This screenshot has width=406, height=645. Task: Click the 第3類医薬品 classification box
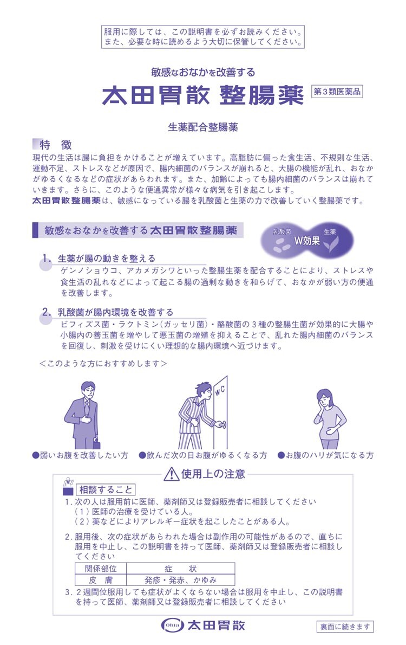coord(337,92)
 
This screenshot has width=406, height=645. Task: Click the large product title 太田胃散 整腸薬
coord(202,95)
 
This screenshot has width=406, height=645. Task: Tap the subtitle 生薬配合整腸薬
coord(203,127)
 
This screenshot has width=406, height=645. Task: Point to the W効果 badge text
coord(306,241)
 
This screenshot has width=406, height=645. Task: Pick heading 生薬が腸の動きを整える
coord(107,259)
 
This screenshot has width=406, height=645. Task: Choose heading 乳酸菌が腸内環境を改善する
coord(115,312)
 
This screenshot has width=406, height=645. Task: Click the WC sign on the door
coord(220,390)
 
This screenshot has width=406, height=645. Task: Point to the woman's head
coord(325,398)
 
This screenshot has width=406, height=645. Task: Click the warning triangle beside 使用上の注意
coord(171,474)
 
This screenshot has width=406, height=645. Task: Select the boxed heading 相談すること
coord(106,489)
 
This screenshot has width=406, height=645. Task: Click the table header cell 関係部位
coord(101,569)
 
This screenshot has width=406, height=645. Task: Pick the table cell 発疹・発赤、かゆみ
coord(180,580)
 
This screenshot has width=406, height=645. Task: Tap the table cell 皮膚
coord(101,580)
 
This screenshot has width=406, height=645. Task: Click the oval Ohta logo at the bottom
coord(173,625)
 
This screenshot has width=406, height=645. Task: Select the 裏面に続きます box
coord(345,627)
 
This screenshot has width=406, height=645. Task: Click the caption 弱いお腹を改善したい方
coord(81,455)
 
